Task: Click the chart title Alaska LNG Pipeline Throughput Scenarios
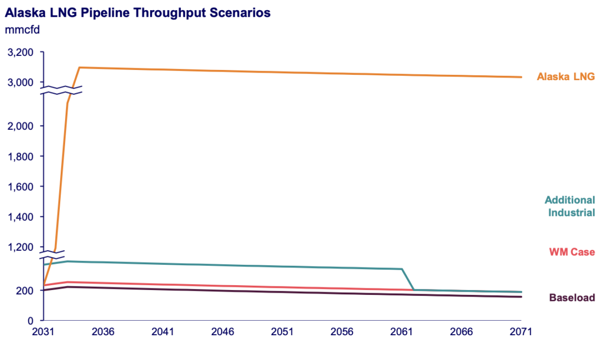[x=137, y=12]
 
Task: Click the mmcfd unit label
[x=22, y=30]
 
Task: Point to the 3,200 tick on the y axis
[x=22, y=53]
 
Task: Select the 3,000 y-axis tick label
[x=22, y=82]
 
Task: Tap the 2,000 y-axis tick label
[x=22, y=126]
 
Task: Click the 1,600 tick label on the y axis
[x=22, y=187]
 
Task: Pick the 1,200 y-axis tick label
[x=22, y=247]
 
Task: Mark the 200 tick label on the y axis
[x=26, y=291]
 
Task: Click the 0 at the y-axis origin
[x=31, y=321]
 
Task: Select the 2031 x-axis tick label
[x=44, y=332]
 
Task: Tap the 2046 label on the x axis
[x=222, y=332]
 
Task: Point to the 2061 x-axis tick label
[x=401, y=332]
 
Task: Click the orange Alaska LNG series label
[x=566, y=77]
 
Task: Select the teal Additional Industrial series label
[x=569, y=206]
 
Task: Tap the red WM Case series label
[x=572, y=252]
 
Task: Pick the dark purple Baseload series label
[x=572, y=298]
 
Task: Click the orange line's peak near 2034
[x=80, y=68]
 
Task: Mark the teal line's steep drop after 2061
[x=408, y=280]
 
